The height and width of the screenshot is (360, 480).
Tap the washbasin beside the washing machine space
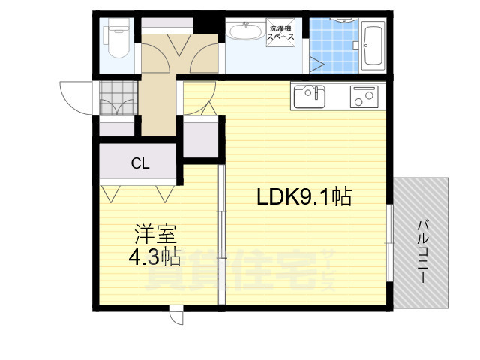[x=244, y=33]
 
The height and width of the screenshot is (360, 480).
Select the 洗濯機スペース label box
[x=283, y=34]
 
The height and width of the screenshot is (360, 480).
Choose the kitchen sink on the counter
[x=309, y=97]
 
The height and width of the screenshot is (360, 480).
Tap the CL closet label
[x=139, y=162]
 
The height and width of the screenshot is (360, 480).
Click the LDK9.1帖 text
[x=304, y=198]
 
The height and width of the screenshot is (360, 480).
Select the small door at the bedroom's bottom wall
[x=175, y=315]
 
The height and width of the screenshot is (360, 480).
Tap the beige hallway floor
[x=159, y=105]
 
